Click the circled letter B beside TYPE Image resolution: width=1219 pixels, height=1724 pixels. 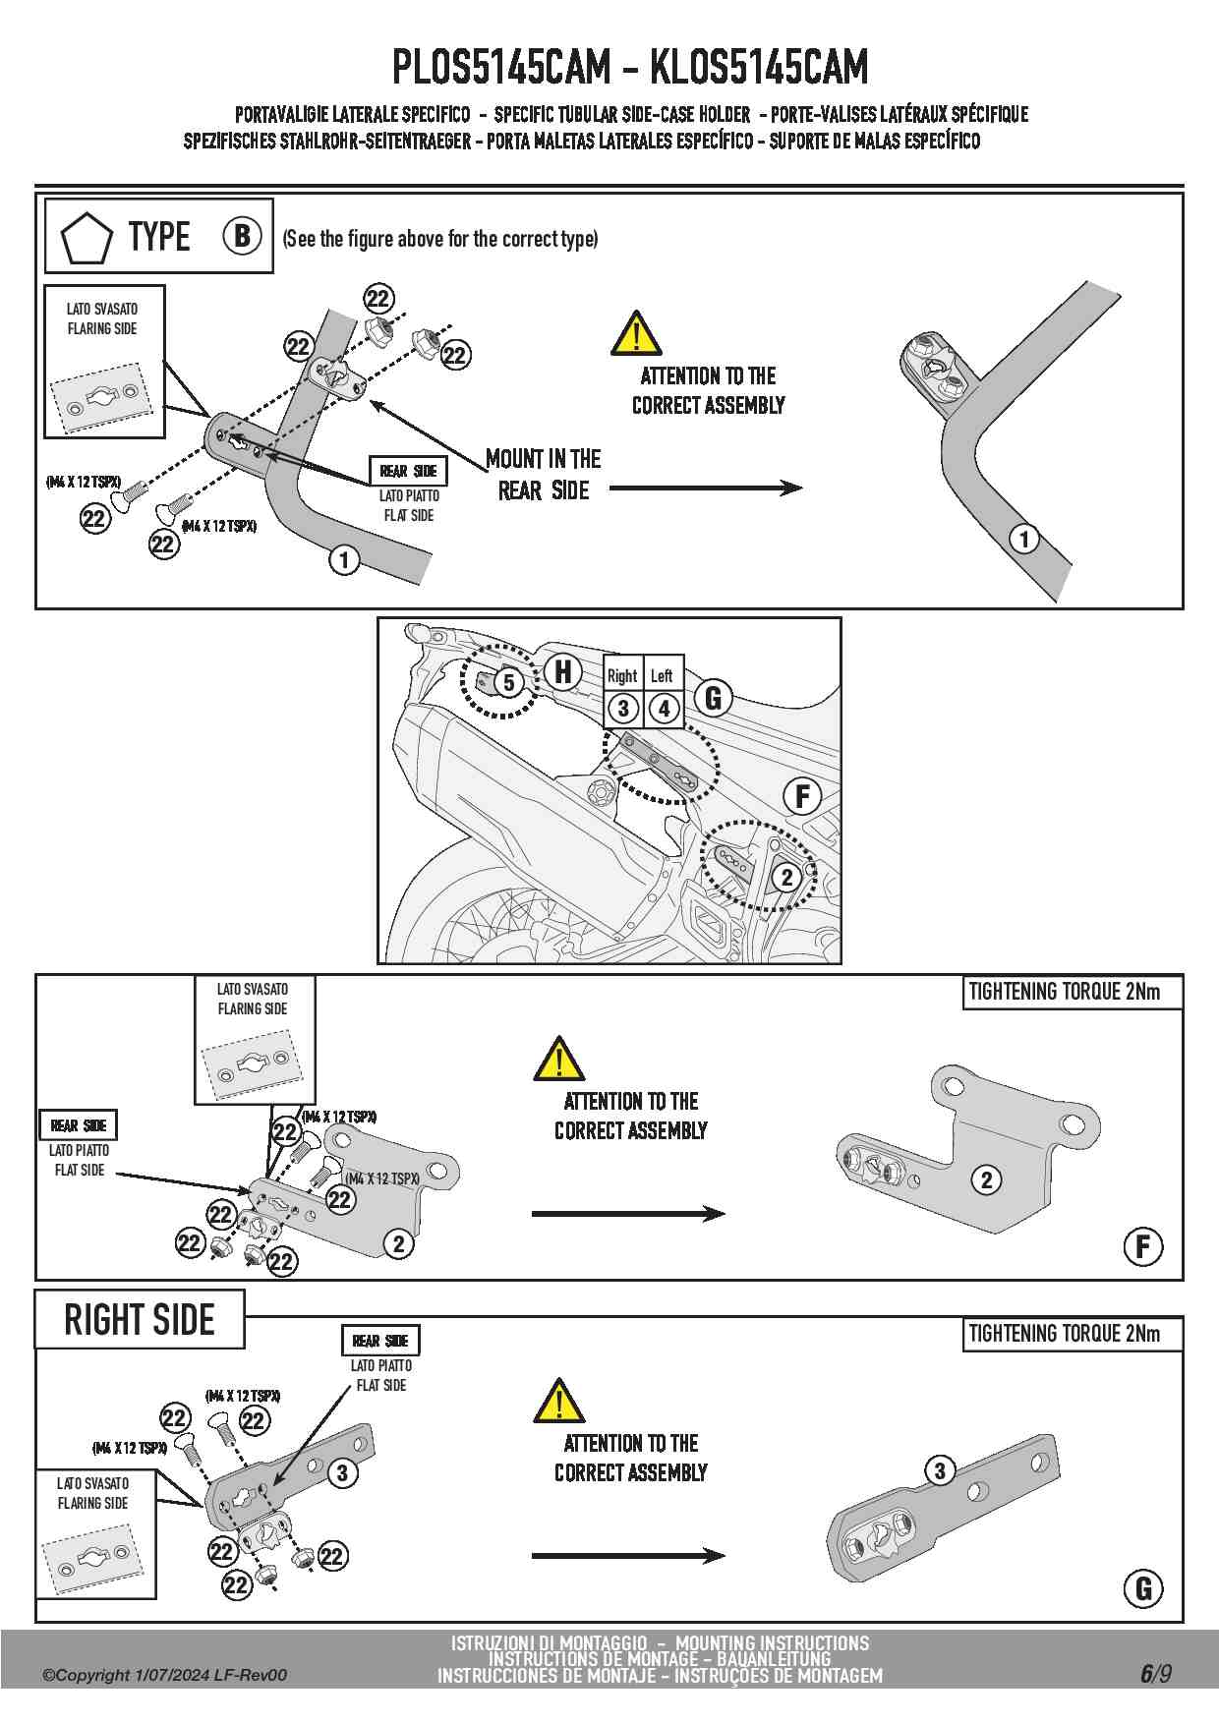pyautogui.click(x=242, y=236)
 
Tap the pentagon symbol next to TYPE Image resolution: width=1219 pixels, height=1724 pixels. pyautogui.click(x=87, y=238)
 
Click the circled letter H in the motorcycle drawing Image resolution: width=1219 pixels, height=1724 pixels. pyautogui.click(x=563, y=671)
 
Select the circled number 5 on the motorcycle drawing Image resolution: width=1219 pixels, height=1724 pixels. pyautogui.click(x=508, y=682)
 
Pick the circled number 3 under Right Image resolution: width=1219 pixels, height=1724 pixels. pyautogui.click(x=623, y=708)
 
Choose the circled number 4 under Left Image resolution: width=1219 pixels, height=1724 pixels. pyautogui.click(x=665, y=708)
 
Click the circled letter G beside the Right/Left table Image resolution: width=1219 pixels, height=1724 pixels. pyautogui.click(x=714, y=698)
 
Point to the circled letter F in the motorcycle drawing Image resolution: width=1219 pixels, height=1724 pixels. pyautogui.click(x=802, y=795)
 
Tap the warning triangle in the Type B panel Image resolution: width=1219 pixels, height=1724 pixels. pyautogui.click(x=636, y=333)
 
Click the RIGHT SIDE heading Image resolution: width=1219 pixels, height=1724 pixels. pyautogui.click(x=140, y=1320)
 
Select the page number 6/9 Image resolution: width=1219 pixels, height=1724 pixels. pyautogui.click(x=1156, y=1673)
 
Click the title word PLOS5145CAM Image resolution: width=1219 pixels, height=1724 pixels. pyautogui.click(x=500, y=67)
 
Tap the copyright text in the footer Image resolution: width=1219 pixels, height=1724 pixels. pyautogui.click(x=165, y=1675)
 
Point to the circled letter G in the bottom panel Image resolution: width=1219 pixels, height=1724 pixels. pyautogui.click(x=1143, y=1588)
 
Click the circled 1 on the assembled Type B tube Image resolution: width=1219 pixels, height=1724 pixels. pyautogui.click(x=1024, y=539)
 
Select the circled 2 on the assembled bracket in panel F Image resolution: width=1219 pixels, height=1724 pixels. pyautogui.click(x=986, y=1179)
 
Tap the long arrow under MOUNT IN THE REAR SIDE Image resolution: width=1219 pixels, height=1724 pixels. pyautogui.click(x=706, y=488)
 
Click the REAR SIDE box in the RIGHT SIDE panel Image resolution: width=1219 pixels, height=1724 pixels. pyautogui.click(x=380, y=1341)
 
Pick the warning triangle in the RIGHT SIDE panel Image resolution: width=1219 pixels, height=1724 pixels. pyautogui.click(x=558, y=1403)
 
